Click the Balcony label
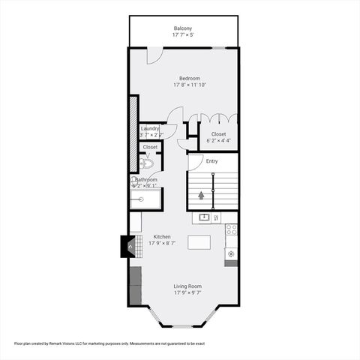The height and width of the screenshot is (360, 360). [184, 28]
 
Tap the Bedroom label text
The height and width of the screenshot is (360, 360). [189, 78]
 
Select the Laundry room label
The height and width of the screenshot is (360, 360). [150, 128]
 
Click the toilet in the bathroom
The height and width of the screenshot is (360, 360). [147, 163]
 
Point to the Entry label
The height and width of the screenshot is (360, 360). [212, 160]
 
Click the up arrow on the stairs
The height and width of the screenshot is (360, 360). [201, 196]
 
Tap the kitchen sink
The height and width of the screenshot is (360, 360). [203, 217]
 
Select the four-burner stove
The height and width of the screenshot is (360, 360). [232, 229]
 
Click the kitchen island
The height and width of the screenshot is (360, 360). [198, 242]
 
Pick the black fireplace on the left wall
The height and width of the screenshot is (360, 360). [128, 247]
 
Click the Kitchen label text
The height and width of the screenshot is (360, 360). [162, 236]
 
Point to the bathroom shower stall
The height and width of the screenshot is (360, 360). [145, 199]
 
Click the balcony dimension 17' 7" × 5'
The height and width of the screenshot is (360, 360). [184, 34]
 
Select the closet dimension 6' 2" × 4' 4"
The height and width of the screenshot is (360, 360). [218, 140]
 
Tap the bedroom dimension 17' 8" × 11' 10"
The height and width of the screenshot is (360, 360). [189, 85]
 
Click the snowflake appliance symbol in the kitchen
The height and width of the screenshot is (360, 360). [231, 253]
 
